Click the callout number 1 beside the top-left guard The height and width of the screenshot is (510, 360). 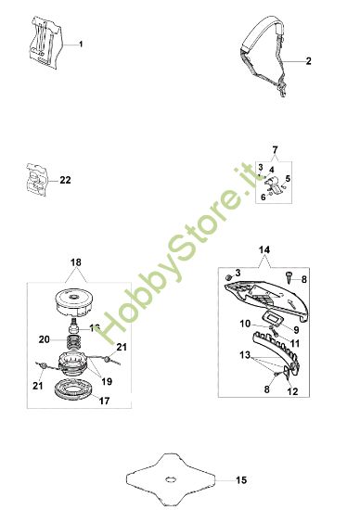click(82, 45)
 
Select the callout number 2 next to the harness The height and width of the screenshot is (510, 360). click(309, 60)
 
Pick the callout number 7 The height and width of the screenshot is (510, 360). click(275, 149)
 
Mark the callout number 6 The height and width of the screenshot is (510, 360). click(264, 197)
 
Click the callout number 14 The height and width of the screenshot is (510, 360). click(264, 250)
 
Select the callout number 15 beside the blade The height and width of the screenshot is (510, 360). click(242, 480)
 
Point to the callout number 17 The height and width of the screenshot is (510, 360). click(102, 402)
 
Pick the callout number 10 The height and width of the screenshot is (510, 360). click(246, 324)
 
